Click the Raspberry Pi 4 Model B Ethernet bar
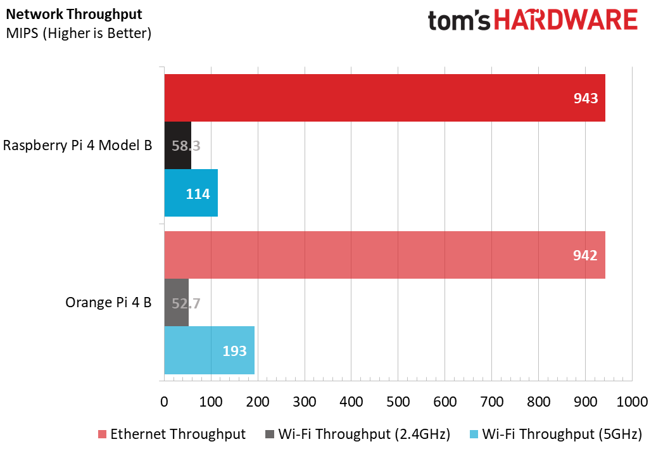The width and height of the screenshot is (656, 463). tap(380, 98)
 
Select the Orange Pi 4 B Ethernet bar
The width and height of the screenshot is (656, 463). tap(380, 255)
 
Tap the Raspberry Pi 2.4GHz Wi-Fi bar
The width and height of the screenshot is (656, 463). tap(177, 145)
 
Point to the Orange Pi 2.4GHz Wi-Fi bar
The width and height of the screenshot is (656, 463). tap(176, 303)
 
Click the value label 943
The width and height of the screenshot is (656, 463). tap(586, 98)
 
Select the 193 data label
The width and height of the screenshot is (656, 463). tap(234, 350)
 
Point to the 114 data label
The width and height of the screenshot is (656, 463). tap(198, 194)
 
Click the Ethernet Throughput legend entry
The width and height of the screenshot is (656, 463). tap(171, 434)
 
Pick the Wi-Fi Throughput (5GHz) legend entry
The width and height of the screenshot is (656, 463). tap(556, 434)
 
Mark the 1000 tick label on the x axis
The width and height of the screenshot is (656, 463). tap(632, 402)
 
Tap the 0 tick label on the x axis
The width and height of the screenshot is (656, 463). tap(164, 402)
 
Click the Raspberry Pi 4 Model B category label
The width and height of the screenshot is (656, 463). tap(77, 145)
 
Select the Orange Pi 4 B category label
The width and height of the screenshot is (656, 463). tap(108, 303)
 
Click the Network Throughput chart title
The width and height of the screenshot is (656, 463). tap(74, 14)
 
